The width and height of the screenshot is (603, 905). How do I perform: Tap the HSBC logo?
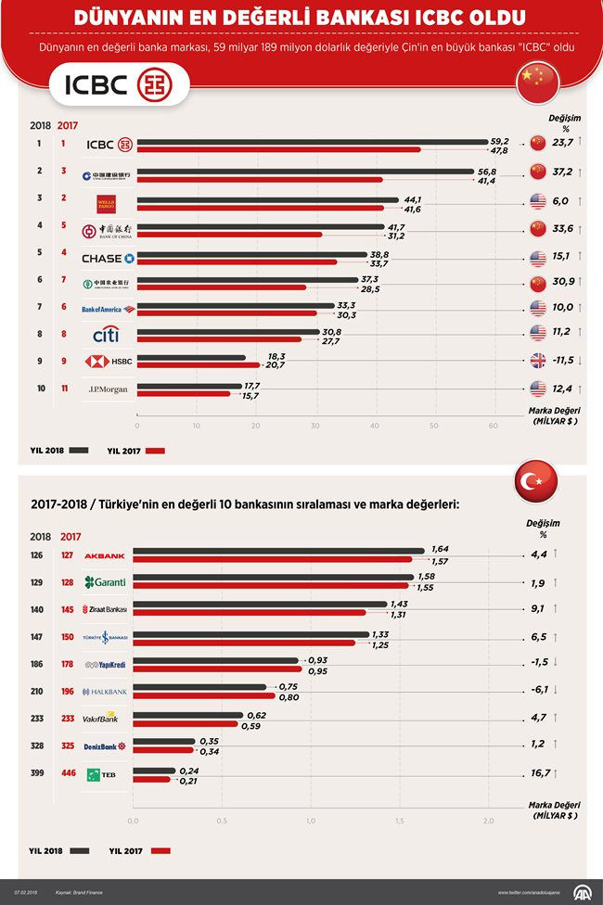[x=109, y=362]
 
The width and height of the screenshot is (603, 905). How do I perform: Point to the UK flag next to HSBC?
[x=538, y=360]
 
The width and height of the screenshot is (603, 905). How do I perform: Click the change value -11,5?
[x=562, y=360]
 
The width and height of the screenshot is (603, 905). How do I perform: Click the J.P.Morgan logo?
[x=108, y=389]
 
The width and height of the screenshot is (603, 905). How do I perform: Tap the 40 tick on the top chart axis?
[x=375, y=426]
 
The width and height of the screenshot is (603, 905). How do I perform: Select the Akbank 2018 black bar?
[x=279, y=551]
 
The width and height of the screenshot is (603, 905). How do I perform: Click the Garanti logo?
[x=106, y=582]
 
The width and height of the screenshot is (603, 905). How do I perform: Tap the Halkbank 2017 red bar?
[x=205, y=695]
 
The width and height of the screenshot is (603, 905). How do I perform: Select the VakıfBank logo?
[x=101, y=718]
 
